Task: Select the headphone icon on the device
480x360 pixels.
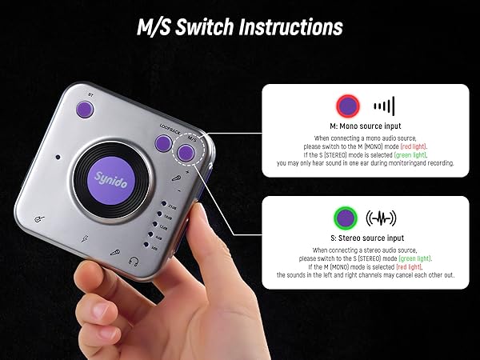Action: tap(135, 261)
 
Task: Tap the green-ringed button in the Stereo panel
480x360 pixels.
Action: tap(346, 217)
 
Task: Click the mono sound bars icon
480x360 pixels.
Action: tap(385, 106)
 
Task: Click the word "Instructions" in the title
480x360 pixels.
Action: tap(285, 26)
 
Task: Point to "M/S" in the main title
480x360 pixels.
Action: tap(158, 26)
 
